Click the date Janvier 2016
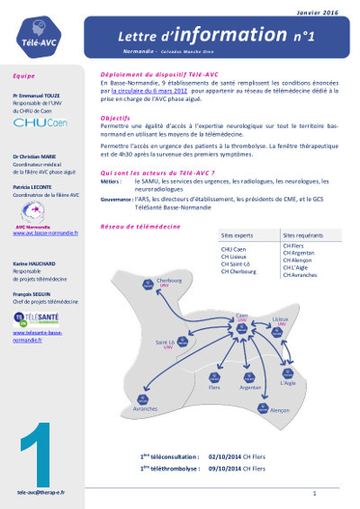319,13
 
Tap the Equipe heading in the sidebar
24,76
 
